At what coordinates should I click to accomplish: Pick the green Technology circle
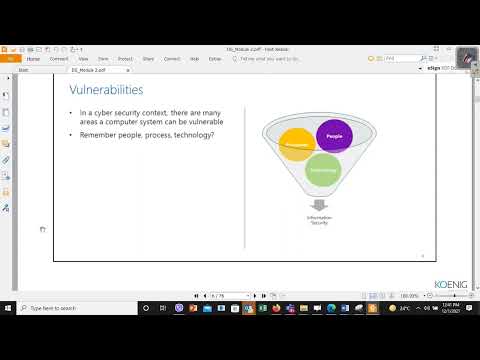(x=324, y=170)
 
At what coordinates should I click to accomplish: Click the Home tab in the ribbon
(x=33, y=58)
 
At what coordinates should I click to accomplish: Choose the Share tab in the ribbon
(x=148, y=58)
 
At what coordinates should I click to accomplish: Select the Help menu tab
(x=194, y=58)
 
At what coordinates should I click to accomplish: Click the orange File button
(x=10, y=58)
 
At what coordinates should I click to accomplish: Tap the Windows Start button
(x=7, y=308)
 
